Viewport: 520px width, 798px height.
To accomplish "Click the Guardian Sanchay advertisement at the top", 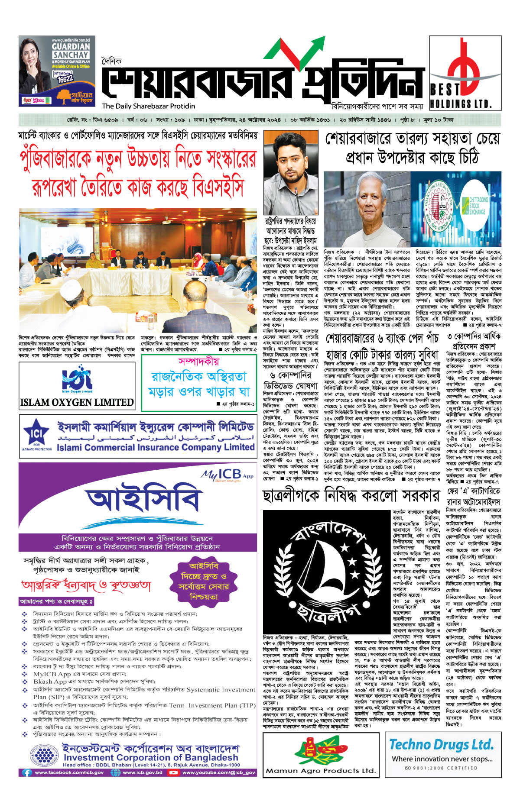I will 57,71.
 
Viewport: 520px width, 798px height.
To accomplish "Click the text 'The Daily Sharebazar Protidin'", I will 149,106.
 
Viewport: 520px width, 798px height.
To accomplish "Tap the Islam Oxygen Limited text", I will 77,402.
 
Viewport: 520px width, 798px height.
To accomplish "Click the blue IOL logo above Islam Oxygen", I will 77,379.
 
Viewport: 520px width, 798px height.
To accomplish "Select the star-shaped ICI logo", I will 37,433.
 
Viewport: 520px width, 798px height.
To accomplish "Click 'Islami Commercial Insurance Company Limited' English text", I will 156,447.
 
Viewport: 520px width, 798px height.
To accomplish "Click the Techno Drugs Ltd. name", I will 441,744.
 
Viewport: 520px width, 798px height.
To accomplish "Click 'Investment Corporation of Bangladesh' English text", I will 151,757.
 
